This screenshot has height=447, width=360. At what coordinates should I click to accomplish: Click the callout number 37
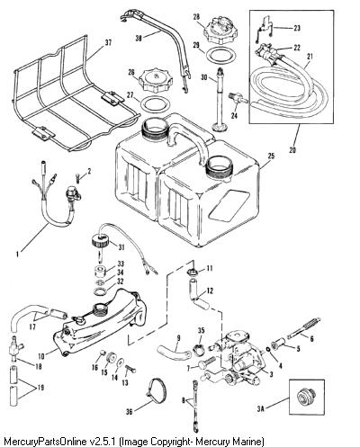coord(108,43)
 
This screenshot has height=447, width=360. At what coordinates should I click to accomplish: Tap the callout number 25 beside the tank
coord(271,156)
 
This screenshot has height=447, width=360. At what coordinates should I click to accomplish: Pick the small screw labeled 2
coord(78,177)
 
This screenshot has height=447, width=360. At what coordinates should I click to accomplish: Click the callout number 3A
coord(261,408)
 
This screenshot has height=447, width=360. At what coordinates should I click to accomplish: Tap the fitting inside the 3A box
coord(305,397)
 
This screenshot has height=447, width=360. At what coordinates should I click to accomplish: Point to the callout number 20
coord(292,150)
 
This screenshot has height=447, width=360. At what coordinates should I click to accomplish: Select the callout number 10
coord(41,356)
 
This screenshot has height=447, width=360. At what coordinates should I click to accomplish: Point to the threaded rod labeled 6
coord(303,328)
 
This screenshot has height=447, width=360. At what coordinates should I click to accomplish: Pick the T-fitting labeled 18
coord(15,348)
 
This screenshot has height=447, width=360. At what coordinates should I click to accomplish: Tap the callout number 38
coord(139,39)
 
